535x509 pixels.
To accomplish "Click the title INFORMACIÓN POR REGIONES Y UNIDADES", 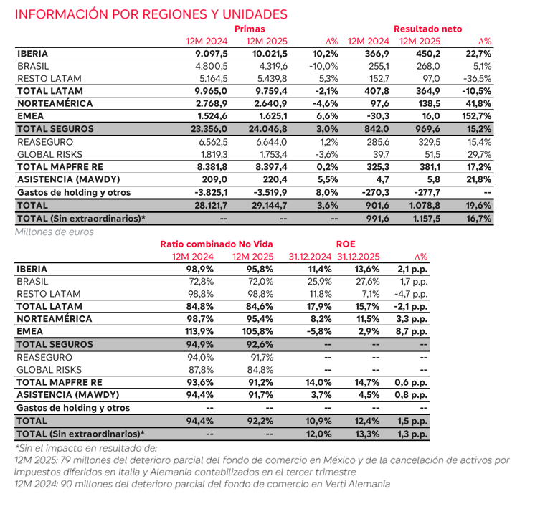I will coord(151,14).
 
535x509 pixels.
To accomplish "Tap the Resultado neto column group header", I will coord(427,29).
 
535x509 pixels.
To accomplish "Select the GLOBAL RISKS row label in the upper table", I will coord(49,153).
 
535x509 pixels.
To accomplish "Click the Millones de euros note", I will coord(55,232).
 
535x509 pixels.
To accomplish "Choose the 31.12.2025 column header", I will coord(359,256).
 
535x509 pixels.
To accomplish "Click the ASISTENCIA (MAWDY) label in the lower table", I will coord(67,394).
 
